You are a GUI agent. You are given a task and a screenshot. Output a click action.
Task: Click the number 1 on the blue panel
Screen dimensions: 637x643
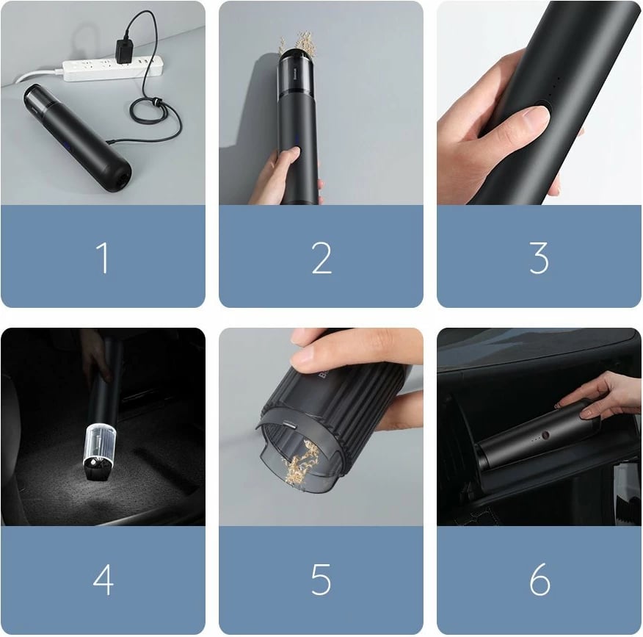point(103,258)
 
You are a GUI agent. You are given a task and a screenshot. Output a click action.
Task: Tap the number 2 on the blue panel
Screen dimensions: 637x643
point(321,258)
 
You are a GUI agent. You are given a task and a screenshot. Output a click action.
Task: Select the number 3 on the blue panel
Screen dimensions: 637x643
point(540,258)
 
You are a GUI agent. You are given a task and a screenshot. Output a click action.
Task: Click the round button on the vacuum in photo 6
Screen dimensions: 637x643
point(546,436)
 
